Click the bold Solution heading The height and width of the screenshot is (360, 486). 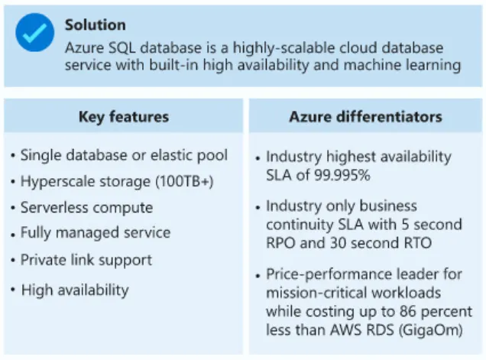[x=95, y=25]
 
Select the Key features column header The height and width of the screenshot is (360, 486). [x=124, y=117]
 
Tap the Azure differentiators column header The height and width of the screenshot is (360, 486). [x=365, y=117]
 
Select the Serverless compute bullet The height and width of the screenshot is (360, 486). [x=86, y=207]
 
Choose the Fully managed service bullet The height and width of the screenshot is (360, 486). [x=96, y=232]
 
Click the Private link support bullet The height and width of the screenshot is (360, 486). [x=86, y=260]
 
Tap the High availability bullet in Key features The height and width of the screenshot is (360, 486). [x=75, y=290]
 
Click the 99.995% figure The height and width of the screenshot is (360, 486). [x=341, y=175]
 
